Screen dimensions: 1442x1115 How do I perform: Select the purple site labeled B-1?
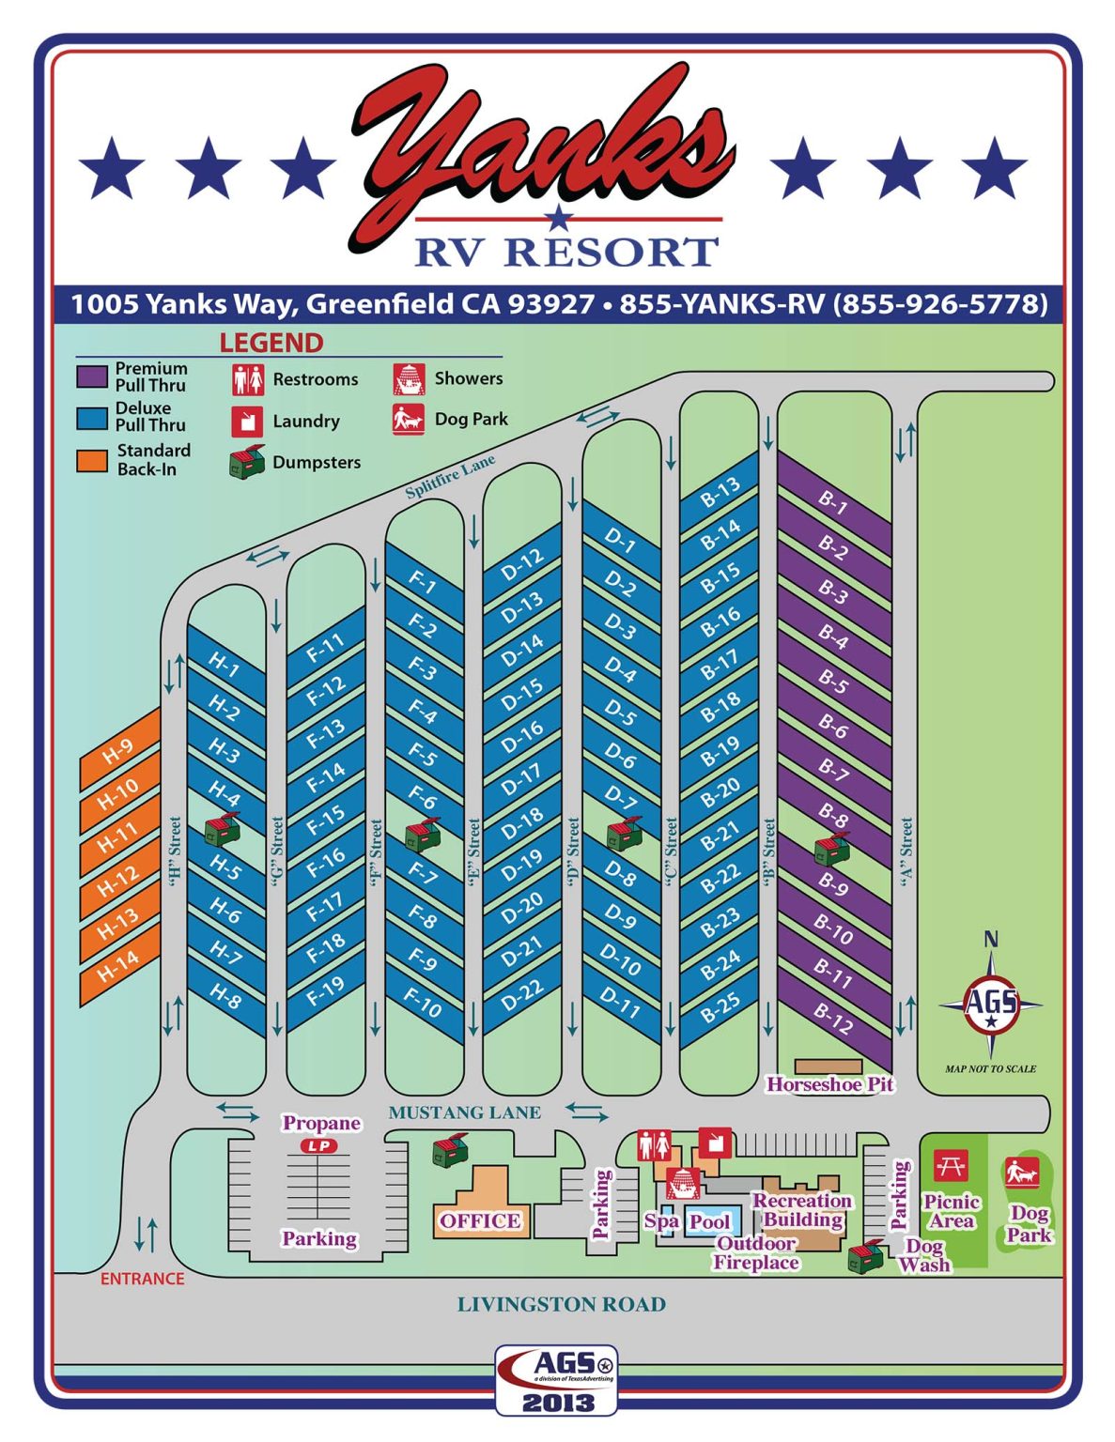pos(833,504)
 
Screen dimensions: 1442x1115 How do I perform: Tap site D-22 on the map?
pos(522,995)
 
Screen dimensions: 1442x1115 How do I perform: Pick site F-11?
pos(326,648)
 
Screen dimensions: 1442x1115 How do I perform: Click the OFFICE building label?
pos(479,1220)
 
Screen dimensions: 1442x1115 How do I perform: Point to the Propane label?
pos(321,1123)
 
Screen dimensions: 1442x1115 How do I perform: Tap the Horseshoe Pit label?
pos(829,1084)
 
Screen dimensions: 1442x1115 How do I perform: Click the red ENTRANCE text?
pos(142,1279)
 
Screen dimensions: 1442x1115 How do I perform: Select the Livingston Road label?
pos(561,1304)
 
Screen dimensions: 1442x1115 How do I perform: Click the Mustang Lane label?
pos(464,1112)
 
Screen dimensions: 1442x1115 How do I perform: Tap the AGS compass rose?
pos(990,1004)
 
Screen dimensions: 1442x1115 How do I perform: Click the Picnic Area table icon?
pos(951,1167)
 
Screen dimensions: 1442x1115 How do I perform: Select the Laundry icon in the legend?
pos(247,421)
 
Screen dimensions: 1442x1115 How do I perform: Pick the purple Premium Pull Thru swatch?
pos(92,376)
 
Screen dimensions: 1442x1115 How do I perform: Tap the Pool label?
pos(709,1221)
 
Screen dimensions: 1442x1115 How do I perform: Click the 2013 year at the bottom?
pos(558,1403)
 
